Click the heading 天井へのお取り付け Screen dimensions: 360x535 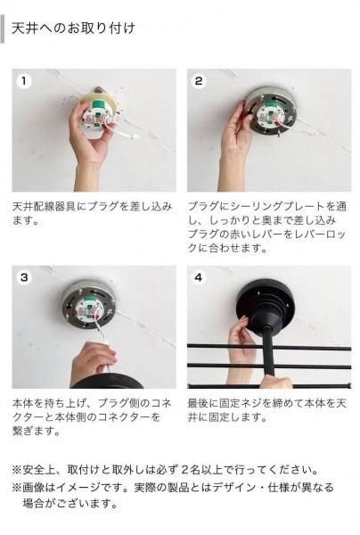(73, 29)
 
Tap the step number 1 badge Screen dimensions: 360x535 (24, 81)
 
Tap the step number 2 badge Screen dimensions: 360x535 (199, 81)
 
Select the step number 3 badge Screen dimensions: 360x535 (24, 277)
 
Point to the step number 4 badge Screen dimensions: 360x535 (199, 277)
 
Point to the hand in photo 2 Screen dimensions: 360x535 (236, 144)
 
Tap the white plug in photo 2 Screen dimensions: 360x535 (269, 116)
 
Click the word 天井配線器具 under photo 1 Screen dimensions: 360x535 (44, 207)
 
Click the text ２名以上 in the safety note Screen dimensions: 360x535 (202, 470)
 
